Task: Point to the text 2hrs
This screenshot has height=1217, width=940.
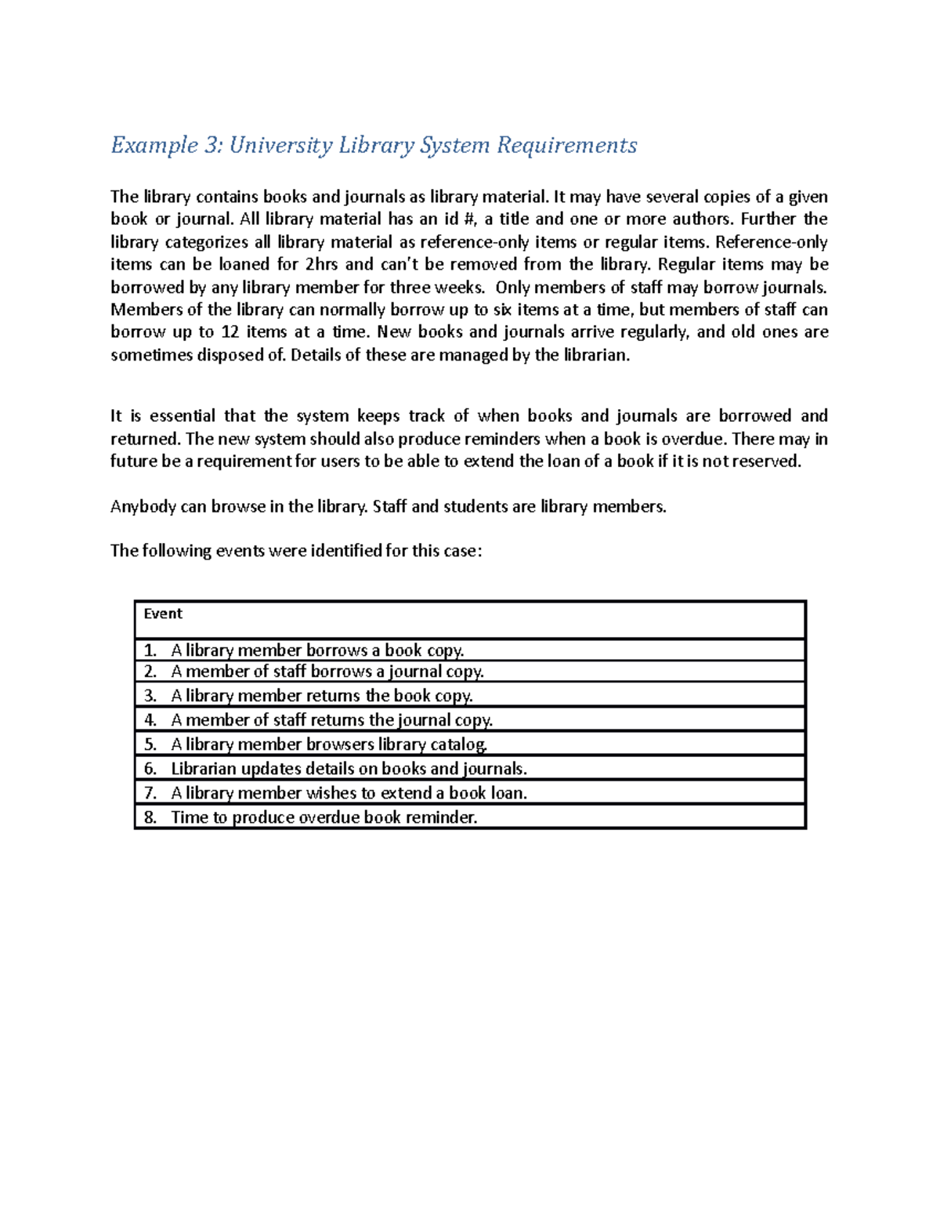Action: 320,264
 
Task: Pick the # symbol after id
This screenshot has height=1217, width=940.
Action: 469,219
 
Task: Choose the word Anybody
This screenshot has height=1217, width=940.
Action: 143,507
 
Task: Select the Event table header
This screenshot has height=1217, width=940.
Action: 163,614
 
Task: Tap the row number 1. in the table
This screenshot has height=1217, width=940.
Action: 150,650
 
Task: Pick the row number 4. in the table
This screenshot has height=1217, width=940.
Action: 150,720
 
